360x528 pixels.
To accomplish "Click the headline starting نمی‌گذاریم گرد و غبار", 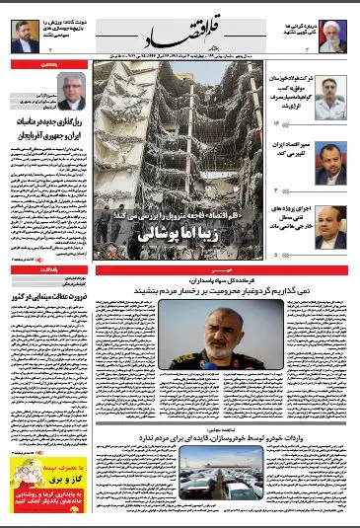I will [227, 289].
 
